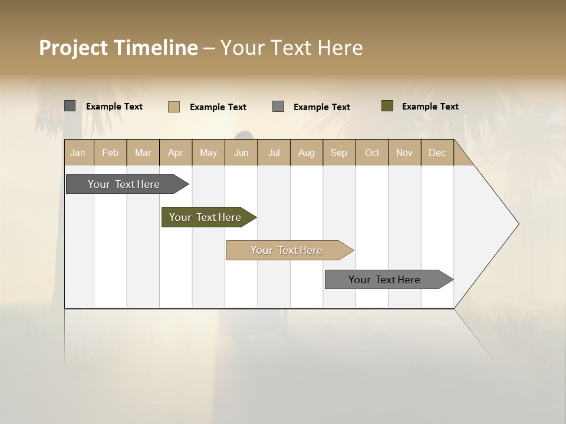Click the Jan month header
point(78,153)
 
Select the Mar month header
point(143,153)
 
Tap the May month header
point(208,153)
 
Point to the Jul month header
point(274,153)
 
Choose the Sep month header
point(338,153)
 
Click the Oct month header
point(372,153)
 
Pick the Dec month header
point(437,153)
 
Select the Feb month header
point(110,153)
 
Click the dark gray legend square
point(70,106)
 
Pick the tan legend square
point(174,107)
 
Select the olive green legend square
point(387,106)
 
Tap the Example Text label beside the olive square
point(430,107)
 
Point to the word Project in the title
point(73,48)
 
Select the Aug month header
point(306,153)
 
